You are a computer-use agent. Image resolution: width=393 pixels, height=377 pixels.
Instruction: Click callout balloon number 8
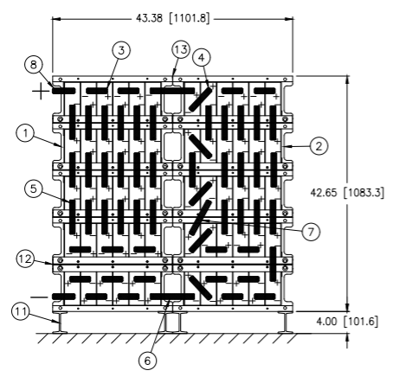34,65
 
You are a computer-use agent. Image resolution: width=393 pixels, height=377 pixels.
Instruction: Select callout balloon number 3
121,50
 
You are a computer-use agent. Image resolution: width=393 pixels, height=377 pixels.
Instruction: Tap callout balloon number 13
181,49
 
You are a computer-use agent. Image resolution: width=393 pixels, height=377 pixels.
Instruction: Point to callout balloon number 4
202,58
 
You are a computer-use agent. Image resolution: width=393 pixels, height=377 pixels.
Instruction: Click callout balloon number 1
26,133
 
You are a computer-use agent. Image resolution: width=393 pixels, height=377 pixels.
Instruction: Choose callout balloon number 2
319,146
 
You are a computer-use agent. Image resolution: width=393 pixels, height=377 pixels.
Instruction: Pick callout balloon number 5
34,189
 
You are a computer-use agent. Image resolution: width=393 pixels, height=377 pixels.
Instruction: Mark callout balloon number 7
311,232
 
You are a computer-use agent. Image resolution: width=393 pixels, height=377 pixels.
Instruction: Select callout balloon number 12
25,259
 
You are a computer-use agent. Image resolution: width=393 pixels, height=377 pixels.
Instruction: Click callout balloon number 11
21,311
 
